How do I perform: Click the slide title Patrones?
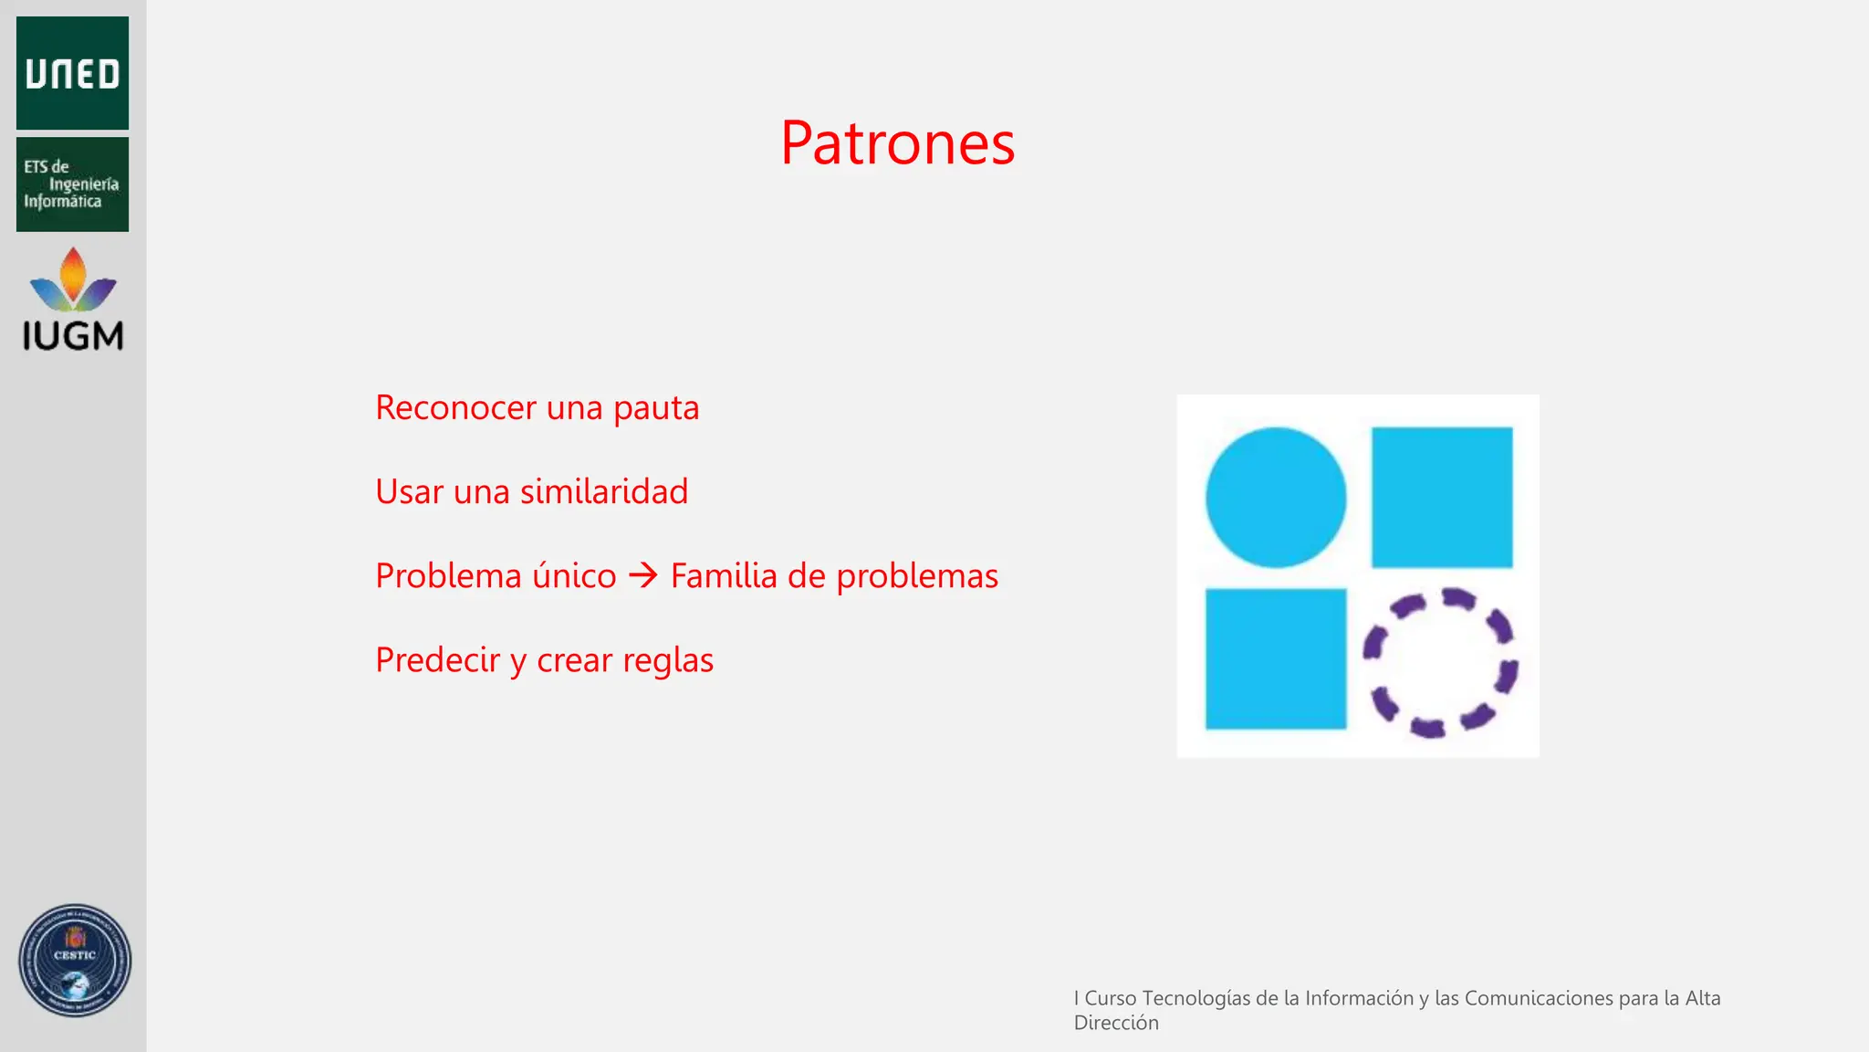[897, 143]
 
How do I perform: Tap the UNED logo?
[72, 73]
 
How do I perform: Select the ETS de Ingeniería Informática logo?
[72, 184]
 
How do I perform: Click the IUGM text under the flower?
[73, 337]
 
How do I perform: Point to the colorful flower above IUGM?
[73, 279]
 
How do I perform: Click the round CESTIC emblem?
[75, 961]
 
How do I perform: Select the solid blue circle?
[1275, 498]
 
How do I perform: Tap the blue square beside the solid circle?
[1442, 498]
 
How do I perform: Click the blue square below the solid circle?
[1275, 658]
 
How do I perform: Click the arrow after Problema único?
[643, 575]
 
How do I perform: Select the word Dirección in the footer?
[1115, 1023]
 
